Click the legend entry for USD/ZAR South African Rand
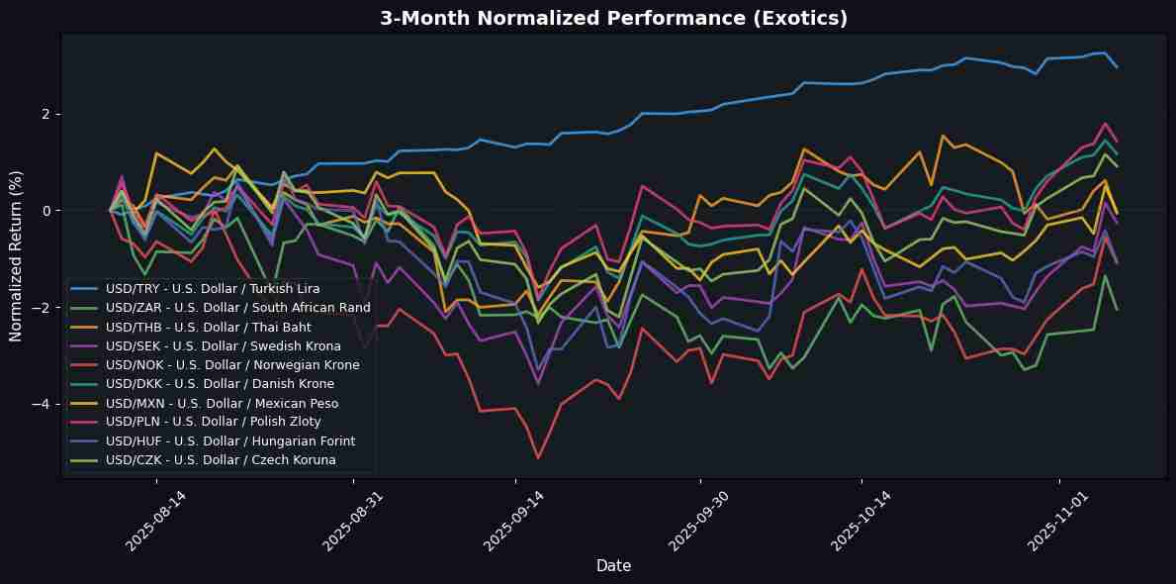[x=237, y=307]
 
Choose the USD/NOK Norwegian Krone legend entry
[x=232, y=365]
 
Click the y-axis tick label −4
[x=45, y=404]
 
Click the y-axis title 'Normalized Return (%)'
[x=17, y=255]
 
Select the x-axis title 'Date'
[x=613, y=565]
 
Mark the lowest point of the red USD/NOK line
[x=538, y=457]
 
